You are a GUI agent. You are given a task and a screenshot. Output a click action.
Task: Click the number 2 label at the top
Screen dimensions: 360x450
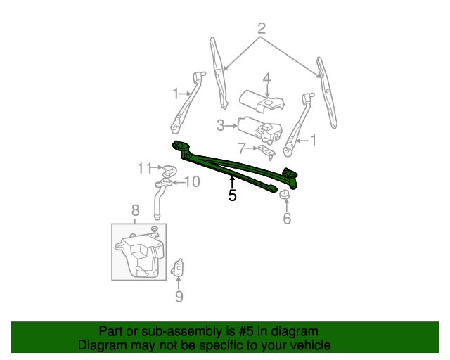tap(262, 29)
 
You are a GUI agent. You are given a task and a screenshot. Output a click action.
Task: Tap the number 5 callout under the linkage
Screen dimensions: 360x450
tap(233, 195)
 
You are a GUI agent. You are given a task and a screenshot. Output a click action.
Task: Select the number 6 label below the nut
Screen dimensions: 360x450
tap(287, 219)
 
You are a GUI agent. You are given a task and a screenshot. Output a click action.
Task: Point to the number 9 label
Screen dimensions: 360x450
tap(179, 297)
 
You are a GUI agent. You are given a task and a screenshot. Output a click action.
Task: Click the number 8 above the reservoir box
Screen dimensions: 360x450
tap(136, 210)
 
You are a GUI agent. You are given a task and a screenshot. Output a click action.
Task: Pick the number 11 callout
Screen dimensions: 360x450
tap(143, 167)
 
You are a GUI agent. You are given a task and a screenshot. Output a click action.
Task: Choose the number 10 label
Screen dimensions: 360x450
tap(191, 182)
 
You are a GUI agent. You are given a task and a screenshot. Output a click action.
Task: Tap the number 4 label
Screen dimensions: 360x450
tap(267, 77)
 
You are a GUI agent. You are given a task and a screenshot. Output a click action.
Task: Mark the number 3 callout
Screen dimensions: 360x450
tap(220, 126)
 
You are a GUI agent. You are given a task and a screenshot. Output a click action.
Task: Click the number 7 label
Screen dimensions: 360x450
tap(242, 148)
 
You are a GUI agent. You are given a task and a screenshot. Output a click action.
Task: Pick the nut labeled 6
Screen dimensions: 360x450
tap(285, 196)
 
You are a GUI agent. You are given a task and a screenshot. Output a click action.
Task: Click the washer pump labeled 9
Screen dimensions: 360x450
tap(179, 268)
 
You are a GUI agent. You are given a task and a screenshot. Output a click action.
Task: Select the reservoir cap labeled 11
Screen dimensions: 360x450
tap(168, 171)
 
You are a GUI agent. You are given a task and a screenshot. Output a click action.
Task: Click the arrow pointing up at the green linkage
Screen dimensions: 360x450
tap(232, 181)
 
